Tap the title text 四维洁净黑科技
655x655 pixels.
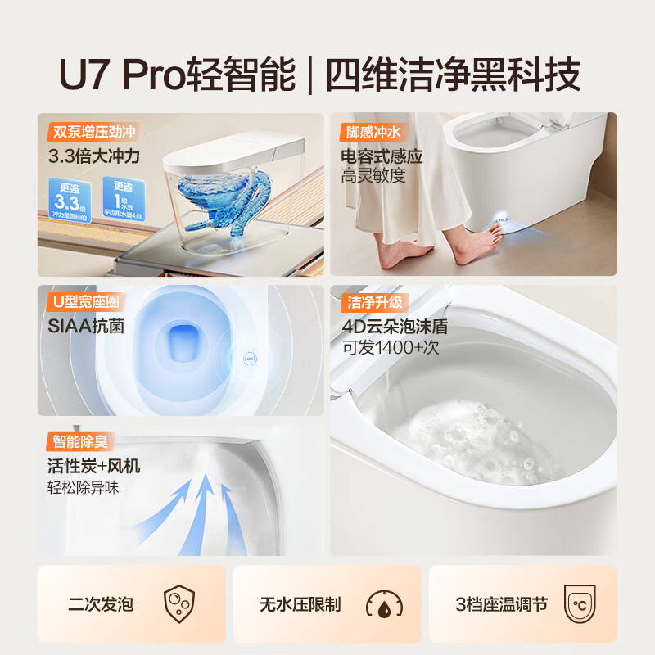(454, 75)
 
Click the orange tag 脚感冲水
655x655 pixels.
(373, 132)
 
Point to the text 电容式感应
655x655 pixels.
(382, 156)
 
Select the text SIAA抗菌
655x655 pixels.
(86, 327)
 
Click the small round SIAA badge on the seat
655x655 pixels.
(248, 358)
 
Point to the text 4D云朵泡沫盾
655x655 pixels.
(395, 327)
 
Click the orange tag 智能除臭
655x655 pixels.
(79, 442)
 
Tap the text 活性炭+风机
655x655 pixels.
(93, 466)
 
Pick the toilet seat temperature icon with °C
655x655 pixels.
(578, 604)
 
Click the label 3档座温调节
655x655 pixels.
(501, 605)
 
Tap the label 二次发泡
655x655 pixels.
(101, 605)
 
